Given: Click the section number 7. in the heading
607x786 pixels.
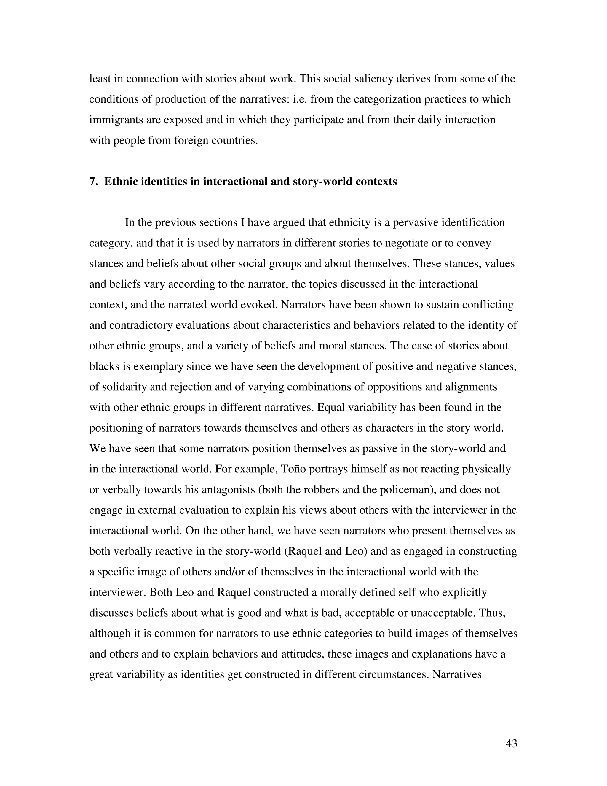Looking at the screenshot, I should point(93,182).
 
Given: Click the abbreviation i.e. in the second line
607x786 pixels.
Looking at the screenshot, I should point(298,99).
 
